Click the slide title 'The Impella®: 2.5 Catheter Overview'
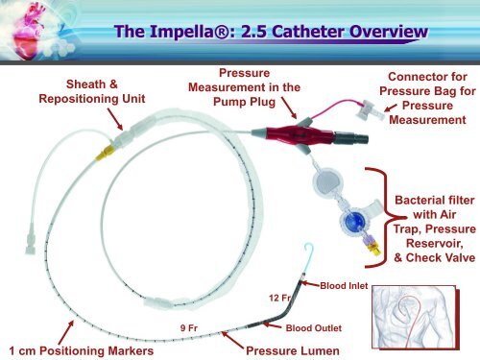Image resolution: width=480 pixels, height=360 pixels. click(x=270, y=35)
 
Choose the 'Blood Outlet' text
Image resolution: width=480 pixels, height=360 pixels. click(x=315, y=328)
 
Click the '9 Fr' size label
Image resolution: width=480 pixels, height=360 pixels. click(x=190, y=327)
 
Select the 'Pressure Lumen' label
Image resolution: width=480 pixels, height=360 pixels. click(x=293, y=350)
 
